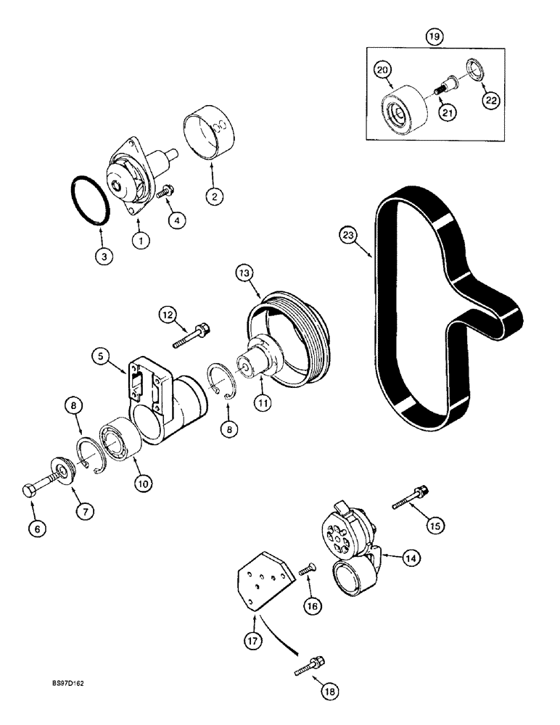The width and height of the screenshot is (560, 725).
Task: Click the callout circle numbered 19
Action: coord(434,37)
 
